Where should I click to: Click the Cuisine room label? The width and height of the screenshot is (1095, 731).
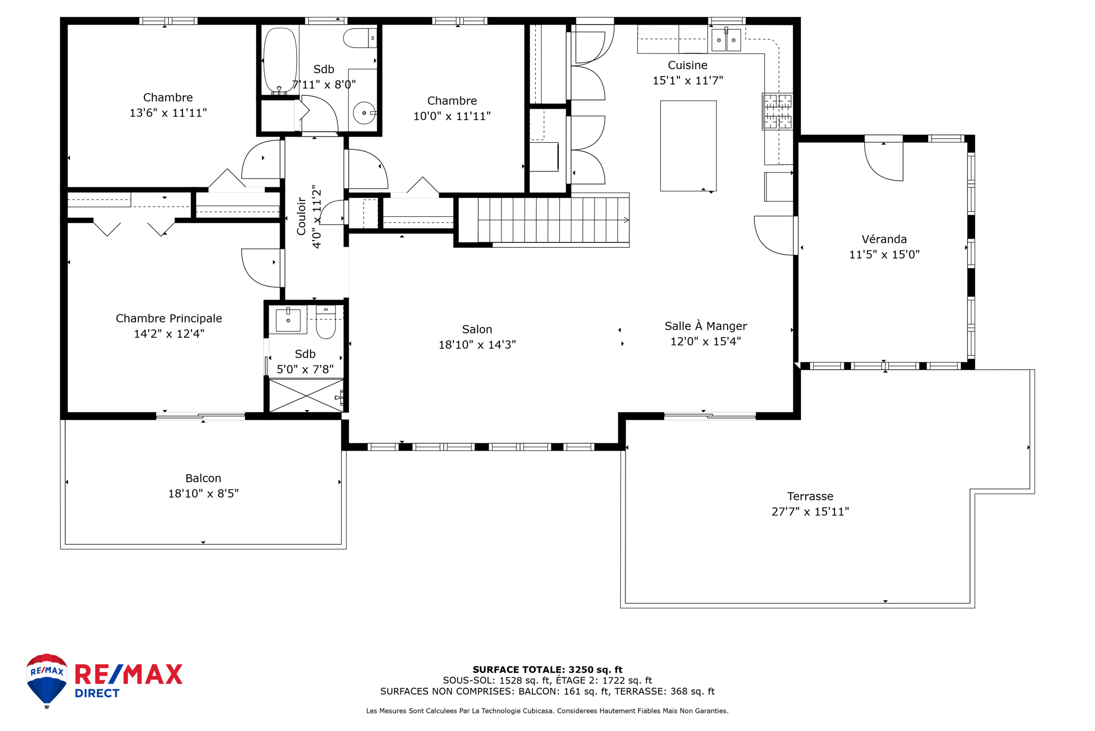click(688, 65)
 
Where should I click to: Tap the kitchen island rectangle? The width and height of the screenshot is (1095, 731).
click(688, 146)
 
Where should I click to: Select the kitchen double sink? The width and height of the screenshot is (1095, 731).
click(726, 40)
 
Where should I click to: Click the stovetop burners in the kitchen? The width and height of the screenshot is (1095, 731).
click(777, 111)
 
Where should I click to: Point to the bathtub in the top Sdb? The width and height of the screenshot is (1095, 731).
click(280, 60)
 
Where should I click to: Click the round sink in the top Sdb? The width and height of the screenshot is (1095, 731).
click(364, 113)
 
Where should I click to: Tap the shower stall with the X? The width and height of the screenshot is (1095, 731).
click(306, 395)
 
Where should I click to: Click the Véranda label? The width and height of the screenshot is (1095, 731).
click(884, 239)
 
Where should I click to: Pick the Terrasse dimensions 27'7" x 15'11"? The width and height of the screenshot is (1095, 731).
click(810, 512)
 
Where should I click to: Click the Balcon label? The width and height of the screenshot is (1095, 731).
click(203, 478)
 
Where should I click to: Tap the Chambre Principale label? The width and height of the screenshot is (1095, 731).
click(169, 318)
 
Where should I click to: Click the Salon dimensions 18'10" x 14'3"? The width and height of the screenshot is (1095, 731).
click(477, 345)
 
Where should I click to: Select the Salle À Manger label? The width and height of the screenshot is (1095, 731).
click(706, 326)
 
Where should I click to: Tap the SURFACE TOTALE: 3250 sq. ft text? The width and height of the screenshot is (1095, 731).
click(547, 669)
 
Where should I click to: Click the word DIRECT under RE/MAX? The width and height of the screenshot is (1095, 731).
click(97, 694)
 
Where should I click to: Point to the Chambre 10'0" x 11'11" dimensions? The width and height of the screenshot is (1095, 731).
click(452, 116)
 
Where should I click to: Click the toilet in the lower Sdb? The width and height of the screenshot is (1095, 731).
click(326, 322)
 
